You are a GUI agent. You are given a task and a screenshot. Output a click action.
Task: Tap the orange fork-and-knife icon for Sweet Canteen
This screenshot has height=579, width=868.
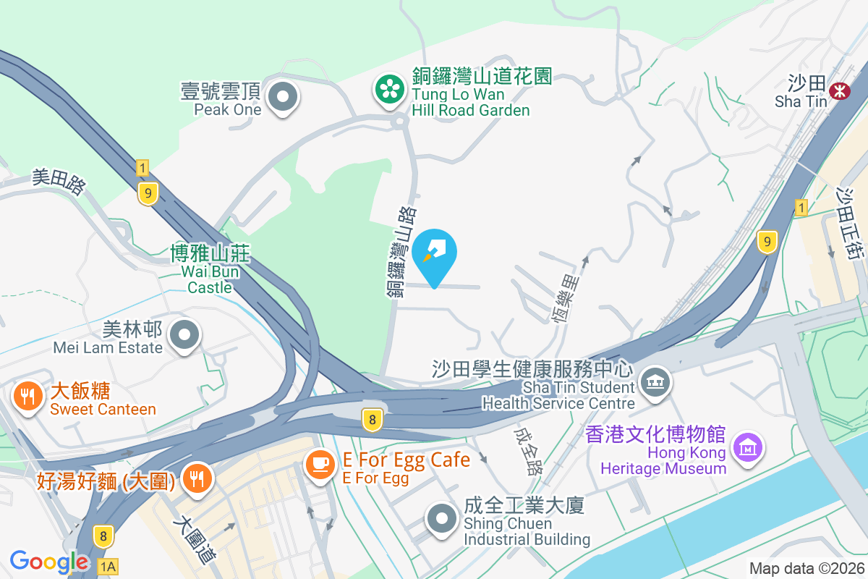(x=27, y=397)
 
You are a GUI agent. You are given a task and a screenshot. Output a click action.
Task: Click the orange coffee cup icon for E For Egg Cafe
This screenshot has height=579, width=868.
(x=320, y=464)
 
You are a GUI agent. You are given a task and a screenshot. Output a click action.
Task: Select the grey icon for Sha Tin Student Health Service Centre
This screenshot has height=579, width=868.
(x=656, y=383)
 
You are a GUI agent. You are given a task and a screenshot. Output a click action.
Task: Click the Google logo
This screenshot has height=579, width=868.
(x=49, y=561)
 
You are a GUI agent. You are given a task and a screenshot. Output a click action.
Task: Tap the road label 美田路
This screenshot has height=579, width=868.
(x=59, y=182)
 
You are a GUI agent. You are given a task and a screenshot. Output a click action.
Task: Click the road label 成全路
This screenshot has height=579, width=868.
(x=527, y=450)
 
